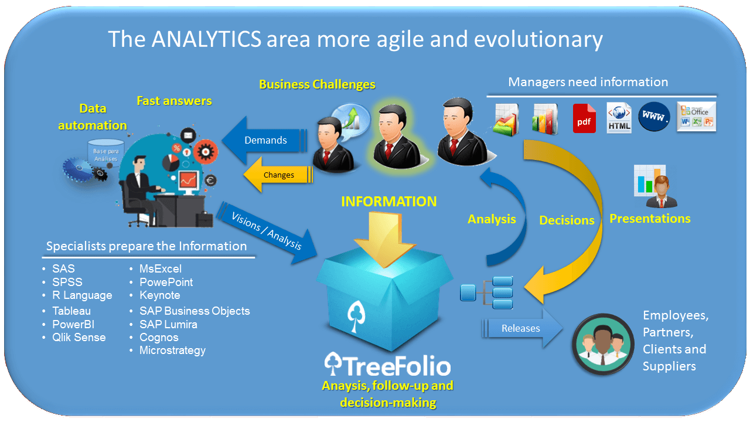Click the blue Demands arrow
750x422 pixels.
pos(264,140)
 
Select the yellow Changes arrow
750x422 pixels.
pos(278,175)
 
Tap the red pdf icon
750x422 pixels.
pos(584,118)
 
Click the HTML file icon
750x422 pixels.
pos(619,118)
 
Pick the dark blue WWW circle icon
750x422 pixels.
pos(654,117)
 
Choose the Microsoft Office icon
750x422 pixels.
pos(697,117)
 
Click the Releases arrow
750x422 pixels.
pos(522,328)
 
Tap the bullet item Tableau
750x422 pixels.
pos(71,311)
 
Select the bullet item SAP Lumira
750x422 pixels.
pos(168,324)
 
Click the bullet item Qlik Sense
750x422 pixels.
pos(79,337)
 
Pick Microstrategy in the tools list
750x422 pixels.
pos(172,350)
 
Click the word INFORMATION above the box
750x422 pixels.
pos(388,201)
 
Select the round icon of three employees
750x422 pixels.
pos(603,344)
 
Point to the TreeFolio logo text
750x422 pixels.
pos(388,365)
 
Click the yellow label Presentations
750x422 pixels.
pos(650,219)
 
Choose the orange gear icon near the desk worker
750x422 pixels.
pos(206,152)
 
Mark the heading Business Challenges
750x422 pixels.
pos(317,84)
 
